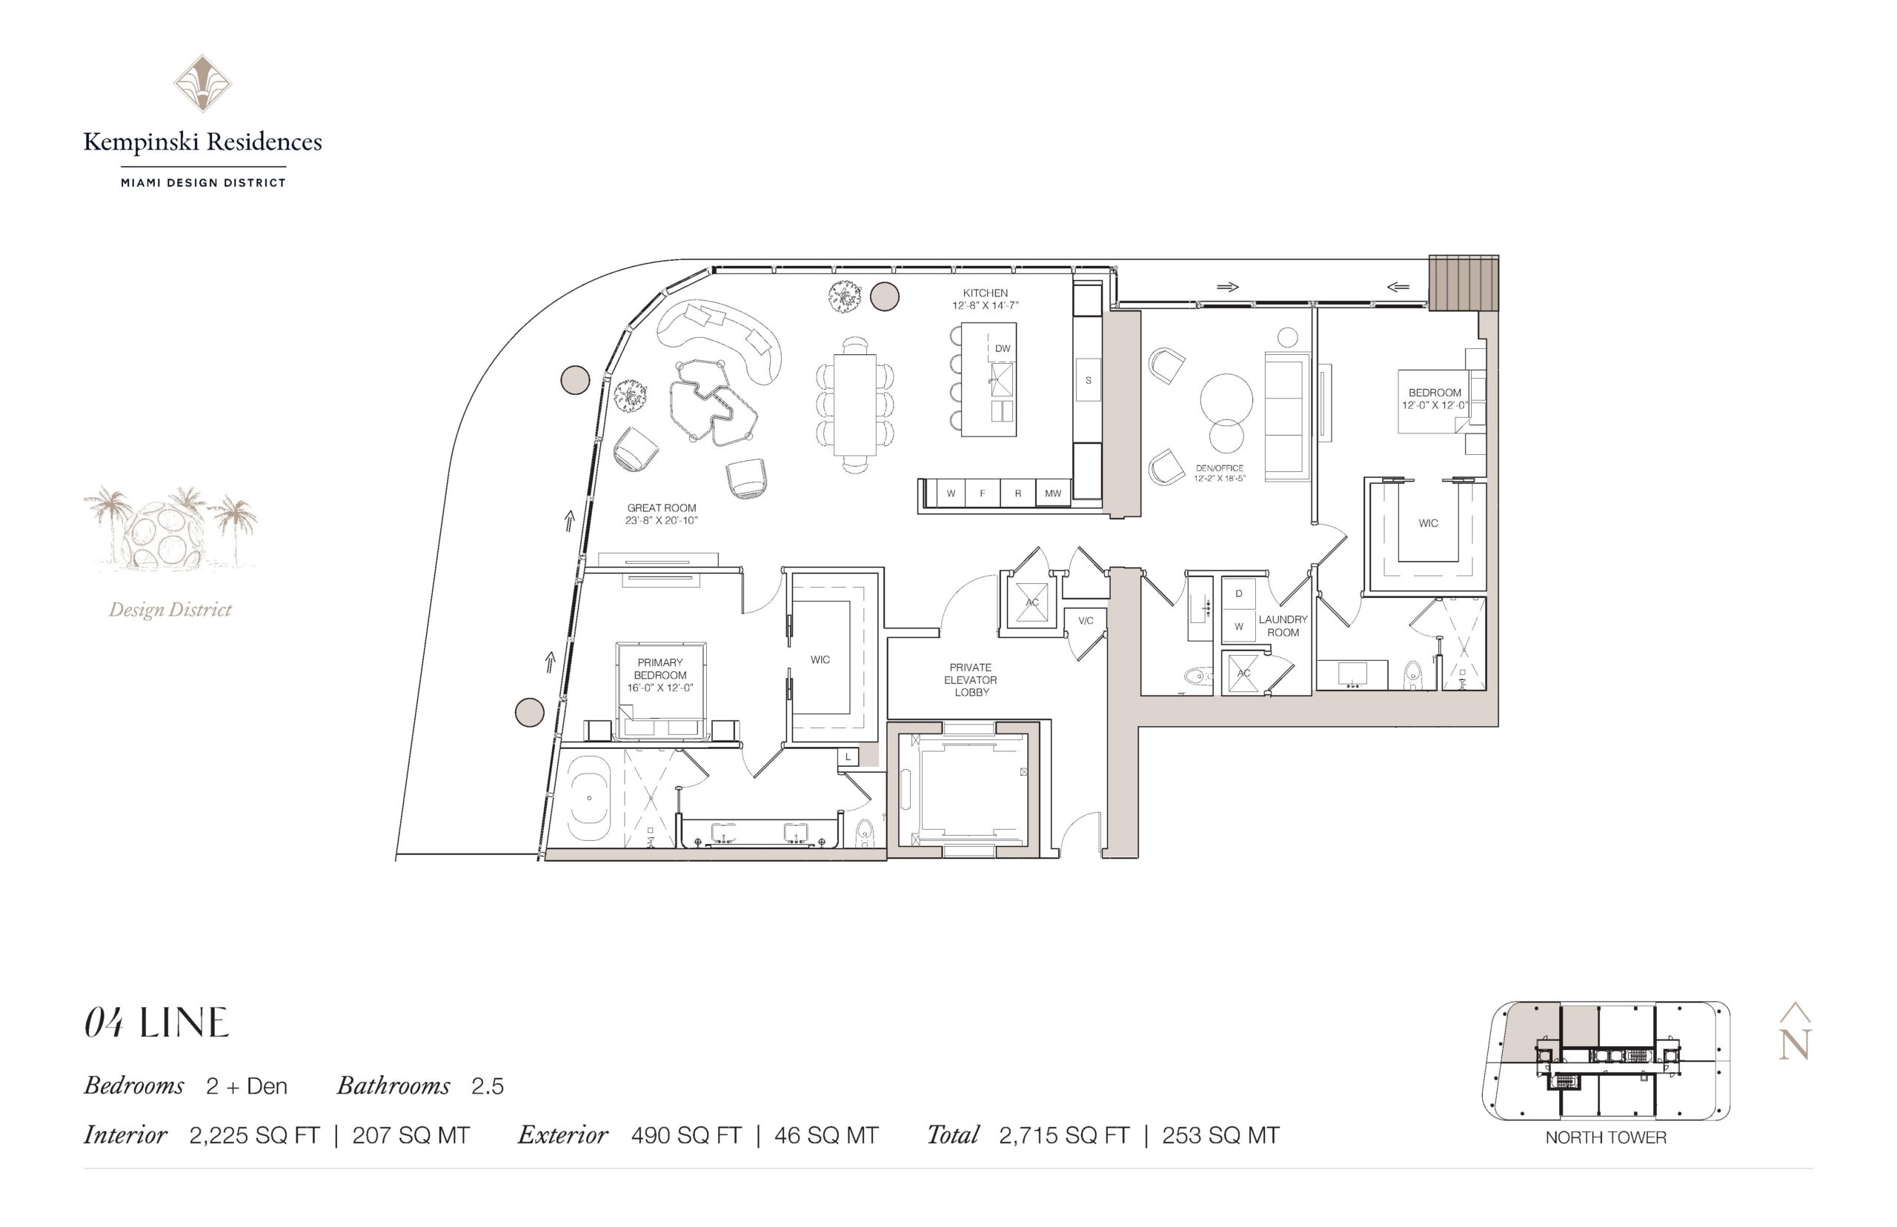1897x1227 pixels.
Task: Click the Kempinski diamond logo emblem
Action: click(x=203, y=84)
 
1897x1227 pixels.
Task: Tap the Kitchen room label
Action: click(x=985, y=293)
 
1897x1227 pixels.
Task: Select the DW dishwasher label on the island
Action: click(x=1003, y=348)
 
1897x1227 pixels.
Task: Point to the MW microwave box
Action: click(x=1052, y=493)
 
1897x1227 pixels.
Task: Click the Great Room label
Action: click(x=661, y=508)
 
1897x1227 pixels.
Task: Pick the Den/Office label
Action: click(x=1219, y=468)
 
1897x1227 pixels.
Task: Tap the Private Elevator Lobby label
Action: click(x=971, y=679)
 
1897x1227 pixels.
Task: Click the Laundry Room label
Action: click(x=1283, y=625)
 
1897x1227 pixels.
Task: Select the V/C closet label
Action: click(x=1086, y=621)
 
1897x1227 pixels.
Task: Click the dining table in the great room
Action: click(x=855, y=404)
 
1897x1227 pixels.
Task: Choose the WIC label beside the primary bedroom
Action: click(x=820, y=659)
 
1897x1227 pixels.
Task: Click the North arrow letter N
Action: click(x=1794, y=1044)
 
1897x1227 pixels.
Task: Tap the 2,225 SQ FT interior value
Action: click(x=254, y=1135)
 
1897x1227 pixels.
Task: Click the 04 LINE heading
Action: click(x=156, y=1023)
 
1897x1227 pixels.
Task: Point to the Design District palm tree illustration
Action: click(x=170, y=527)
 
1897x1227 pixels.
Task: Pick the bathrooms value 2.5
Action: click(x=488, y=1086)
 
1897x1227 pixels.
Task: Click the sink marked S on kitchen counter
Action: click(x=1088, y=381)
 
